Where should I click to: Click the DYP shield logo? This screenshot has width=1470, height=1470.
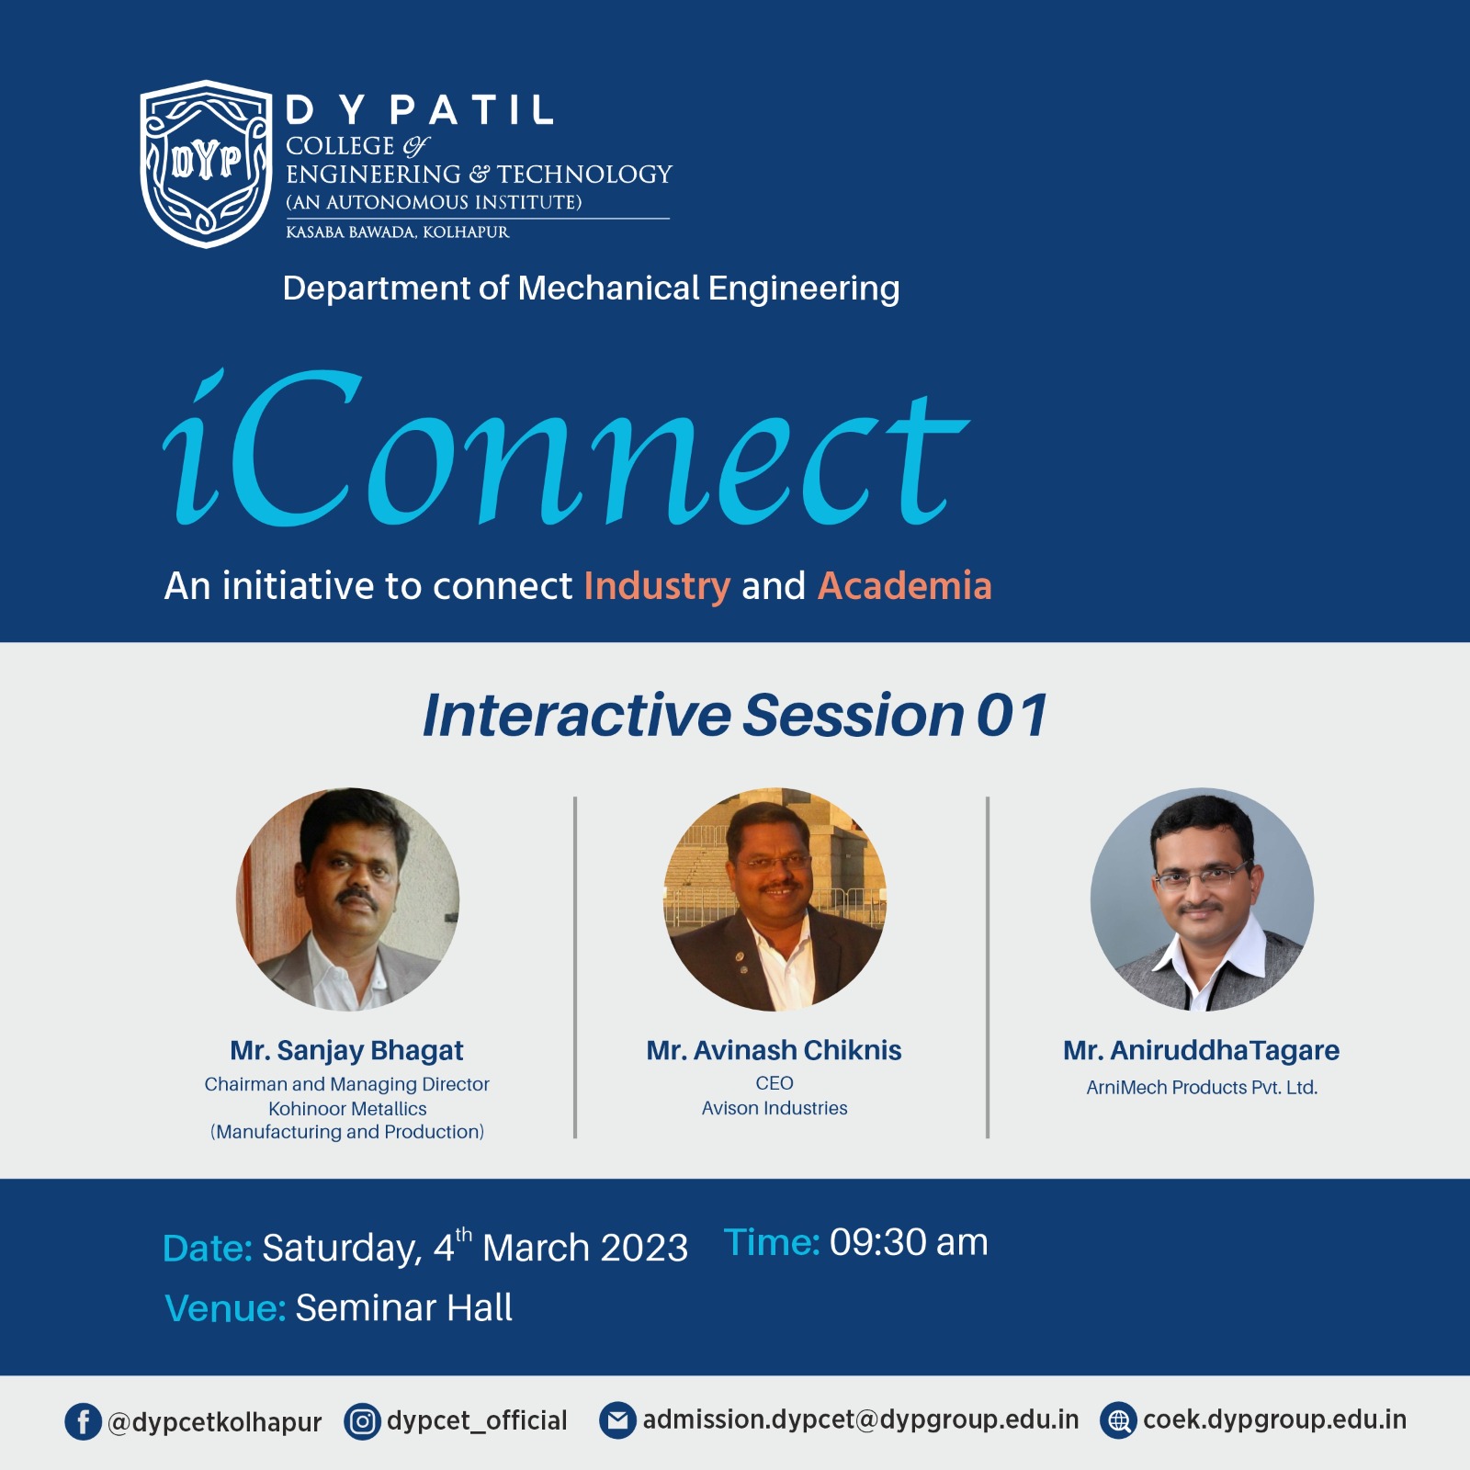coord(206,164)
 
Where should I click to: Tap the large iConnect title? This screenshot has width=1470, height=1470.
coord(566,447)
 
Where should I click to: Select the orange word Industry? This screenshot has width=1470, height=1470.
coord(657,586)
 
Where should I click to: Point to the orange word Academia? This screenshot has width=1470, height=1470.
coord(905,585)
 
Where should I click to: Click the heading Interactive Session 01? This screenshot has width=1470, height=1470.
coord(735,715)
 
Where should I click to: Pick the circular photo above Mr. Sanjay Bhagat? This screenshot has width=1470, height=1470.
coord(347,899)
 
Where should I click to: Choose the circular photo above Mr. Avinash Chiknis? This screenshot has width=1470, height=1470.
coord(775,899)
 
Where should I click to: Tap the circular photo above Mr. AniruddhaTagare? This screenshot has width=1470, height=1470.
coord(1202,899)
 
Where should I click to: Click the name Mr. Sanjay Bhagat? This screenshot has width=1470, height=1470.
coord(346,1050)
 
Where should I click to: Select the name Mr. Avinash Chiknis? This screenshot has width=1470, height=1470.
coord(774,1050)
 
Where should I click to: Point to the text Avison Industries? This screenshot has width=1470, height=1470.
coord(775,1108)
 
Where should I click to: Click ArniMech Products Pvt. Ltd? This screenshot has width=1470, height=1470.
coord(1202,1088)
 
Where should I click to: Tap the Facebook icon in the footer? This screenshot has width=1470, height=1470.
coord(83,1421)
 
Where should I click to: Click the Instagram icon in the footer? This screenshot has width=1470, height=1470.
coord(362,1421)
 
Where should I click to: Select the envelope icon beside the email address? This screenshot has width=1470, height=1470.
coord(617,1420)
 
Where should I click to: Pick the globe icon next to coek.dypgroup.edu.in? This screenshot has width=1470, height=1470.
coord(1118,1420)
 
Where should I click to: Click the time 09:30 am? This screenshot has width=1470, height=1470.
coord(909,1242)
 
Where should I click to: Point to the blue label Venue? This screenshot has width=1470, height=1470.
coord(225,1308)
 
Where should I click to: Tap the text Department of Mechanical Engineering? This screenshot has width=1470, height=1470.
coord(591,288)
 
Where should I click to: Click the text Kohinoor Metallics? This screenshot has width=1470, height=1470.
coord(347,1109)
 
